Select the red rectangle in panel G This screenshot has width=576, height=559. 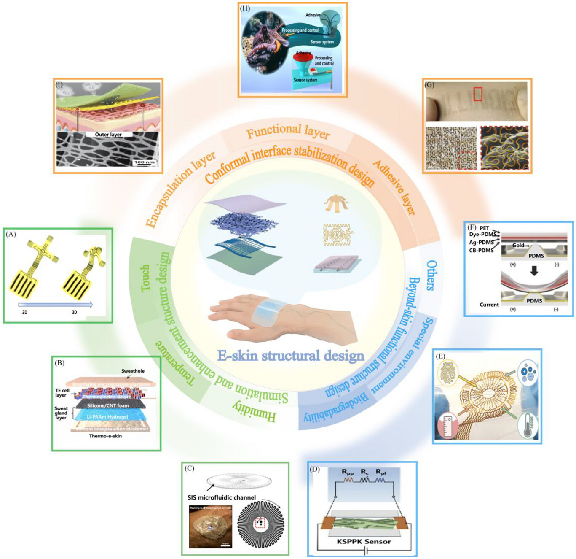(477, 94)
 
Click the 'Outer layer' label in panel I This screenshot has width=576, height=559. (108, 135)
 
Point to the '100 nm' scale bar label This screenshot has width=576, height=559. (144, 162)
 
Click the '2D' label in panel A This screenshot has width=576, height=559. (24, 312)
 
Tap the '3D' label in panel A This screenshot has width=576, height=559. (75, 312)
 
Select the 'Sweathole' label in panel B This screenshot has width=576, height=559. (133, 371)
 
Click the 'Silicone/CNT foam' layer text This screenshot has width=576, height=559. (108, 405)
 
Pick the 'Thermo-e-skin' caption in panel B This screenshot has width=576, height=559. (105, 436)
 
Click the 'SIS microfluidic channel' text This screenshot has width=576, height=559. (222, 497)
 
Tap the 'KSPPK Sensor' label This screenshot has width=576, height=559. (364, 541)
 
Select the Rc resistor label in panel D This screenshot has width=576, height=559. (364, 473)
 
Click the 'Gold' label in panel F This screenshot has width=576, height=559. (518, 245)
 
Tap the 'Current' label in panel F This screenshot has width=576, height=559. (489, 305)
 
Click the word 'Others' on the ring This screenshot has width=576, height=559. (431, 275)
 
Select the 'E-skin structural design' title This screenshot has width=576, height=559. (291, 356)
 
